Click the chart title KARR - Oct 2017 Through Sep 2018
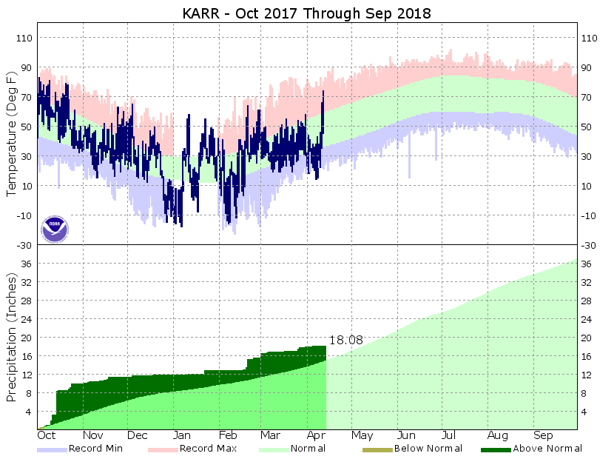(307, 13)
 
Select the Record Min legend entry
(95, 448)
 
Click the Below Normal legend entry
(428, 448)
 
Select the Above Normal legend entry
(547, 448)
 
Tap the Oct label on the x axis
(47, 436)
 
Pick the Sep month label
(544, 436)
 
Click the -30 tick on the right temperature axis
(589, 245)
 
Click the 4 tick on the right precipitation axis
(586, 412)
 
